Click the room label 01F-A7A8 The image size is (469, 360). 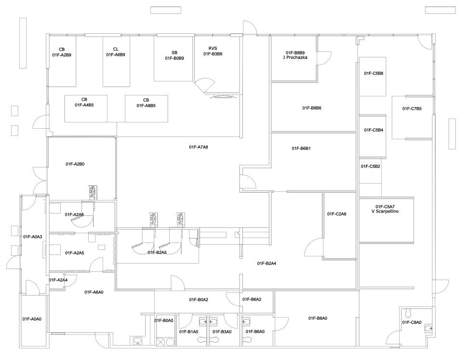click(x=198, y=147)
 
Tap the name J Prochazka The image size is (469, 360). click(x=295, y=57)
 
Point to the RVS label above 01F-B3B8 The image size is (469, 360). click(x=213, y=49)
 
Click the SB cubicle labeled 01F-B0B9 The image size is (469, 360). click(x=174, y=59)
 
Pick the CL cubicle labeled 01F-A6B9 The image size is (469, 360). click(x=116, y=61)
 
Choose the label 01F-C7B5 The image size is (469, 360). click(x=412, y=108)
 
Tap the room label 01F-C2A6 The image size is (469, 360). click(x=336, y=214)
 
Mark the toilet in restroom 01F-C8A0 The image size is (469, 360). click(x=407, y=313)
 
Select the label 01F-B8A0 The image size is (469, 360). click(x=318, y=318)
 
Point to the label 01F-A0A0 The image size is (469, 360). click(x=32, y=319)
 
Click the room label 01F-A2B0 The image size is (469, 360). click(x=75, y=164)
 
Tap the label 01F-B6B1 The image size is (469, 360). click(x=301, y=148)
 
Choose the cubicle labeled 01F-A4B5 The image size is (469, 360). click(x=86, y=108)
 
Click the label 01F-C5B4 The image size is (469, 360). click(x=374, y=130)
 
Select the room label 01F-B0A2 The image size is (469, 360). click(x=198, y=299)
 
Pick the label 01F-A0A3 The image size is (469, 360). click(x=33, y=237)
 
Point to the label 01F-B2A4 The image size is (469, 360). click(x=267, y=264)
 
